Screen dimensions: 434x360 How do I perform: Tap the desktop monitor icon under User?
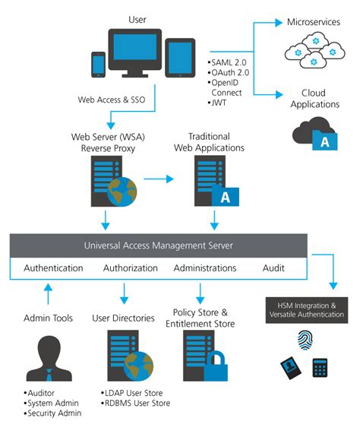[135, 52]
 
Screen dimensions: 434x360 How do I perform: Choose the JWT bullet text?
[220, 101]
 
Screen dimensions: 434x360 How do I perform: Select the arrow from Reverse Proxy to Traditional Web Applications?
[158, 179]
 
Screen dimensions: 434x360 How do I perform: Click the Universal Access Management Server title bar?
[158, 245]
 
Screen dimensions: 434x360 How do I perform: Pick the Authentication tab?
[53, 268]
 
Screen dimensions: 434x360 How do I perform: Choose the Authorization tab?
[130, 268]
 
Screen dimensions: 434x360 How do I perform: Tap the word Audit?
[273, 268]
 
